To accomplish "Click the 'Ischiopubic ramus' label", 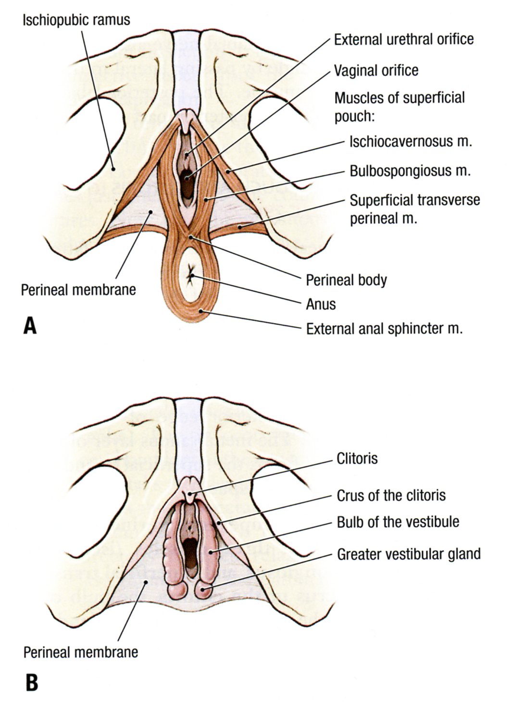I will [76, 20].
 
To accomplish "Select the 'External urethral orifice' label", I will [404, 39].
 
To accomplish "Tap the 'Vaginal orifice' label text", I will [376, 71].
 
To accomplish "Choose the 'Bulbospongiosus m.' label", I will [410, 171].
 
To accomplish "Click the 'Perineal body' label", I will [346, 280].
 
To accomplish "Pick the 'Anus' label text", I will [321, 304].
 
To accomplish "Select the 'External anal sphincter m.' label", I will [384, 329].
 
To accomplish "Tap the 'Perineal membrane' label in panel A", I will [78, 290].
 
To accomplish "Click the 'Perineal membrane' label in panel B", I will [81, 652].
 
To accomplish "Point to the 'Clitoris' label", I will [357, 458].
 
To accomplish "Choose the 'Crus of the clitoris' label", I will [391, 495].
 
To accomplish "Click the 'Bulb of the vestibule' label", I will [398, 522].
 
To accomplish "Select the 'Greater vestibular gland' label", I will [409, 554].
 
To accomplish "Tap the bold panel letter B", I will [31, 682].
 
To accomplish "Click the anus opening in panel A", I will [191, 275].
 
